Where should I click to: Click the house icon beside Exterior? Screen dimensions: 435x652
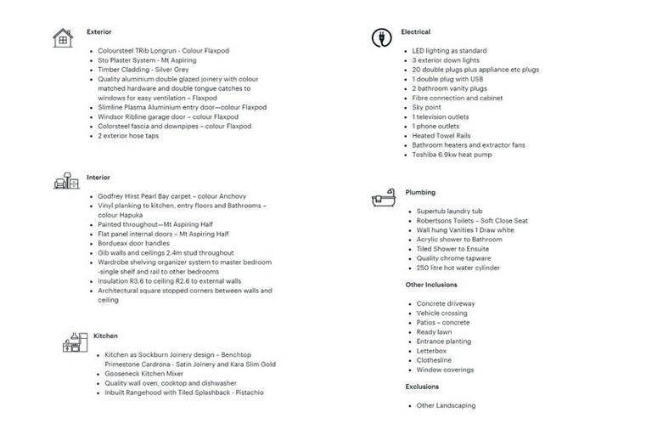pos(63,37)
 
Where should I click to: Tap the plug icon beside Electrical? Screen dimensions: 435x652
pos(381,37)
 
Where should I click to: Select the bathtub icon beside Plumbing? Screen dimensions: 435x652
pos(382,199)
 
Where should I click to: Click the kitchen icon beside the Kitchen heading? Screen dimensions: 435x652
pos(75,342)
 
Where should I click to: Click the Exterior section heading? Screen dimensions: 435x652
pos(98,31)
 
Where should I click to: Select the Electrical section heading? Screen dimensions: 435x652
pos(415,31)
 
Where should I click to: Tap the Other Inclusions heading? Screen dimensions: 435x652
pos(430,285)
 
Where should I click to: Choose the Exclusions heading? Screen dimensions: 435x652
pos(422,387)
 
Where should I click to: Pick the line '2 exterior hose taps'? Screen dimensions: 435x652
pos(127,135)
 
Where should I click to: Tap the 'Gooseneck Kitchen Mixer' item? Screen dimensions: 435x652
pos(144,373)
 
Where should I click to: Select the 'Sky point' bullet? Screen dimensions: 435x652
pos(426,107)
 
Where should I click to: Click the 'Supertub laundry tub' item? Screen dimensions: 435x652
pos(449,211)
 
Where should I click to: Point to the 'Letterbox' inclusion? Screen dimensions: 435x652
pos(431,350)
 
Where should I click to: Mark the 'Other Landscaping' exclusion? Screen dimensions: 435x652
pos(446,405)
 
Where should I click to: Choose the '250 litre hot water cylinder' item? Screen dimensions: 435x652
pos(458,268)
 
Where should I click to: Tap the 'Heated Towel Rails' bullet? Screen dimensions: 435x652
pos(441,135)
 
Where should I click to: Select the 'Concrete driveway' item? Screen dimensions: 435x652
pos(446,303)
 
